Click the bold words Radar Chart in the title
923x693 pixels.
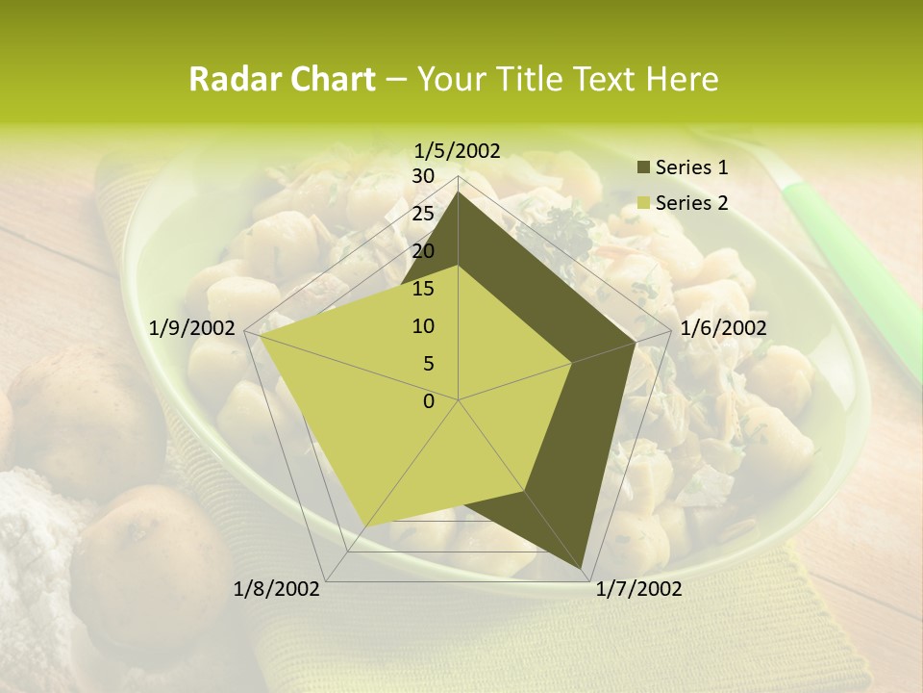pyautogui.click(x=281, y=79)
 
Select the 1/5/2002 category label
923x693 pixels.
pyautogui.click(x=457, y=150)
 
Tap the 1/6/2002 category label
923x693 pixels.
pyautogui.click(x=723, y=328)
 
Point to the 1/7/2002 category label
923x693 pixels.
pyautogui.click(x=638, y=589)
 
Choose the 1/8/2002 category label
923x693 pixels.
pyautogui.click(x=277, y=589)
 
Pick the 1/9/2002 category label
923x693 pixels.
pyautogui.click(x=192, y=328)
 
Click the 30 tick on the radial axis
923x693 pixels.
pyautogui.click(x=423, y=176)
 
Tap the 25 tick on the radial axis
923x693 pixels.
pyautogui.click(x=423, y=214)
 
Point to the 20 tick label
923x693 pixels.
pyautogui.click(x=423, y=251)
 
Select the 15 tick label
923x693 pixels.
pyautogui.click(x=423, y=289)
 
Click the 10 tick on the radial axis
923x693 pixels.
pyautogui.click(x=423, y=326)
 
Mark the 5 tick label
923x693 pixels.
pyautogui.click(x=428, y=364)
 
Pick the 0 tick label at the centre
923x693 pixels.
pyautogui.click(x=429, y=400)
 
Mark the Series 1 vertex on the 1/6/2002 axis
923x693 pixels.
pyautogui.click(x=636, y=342)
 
